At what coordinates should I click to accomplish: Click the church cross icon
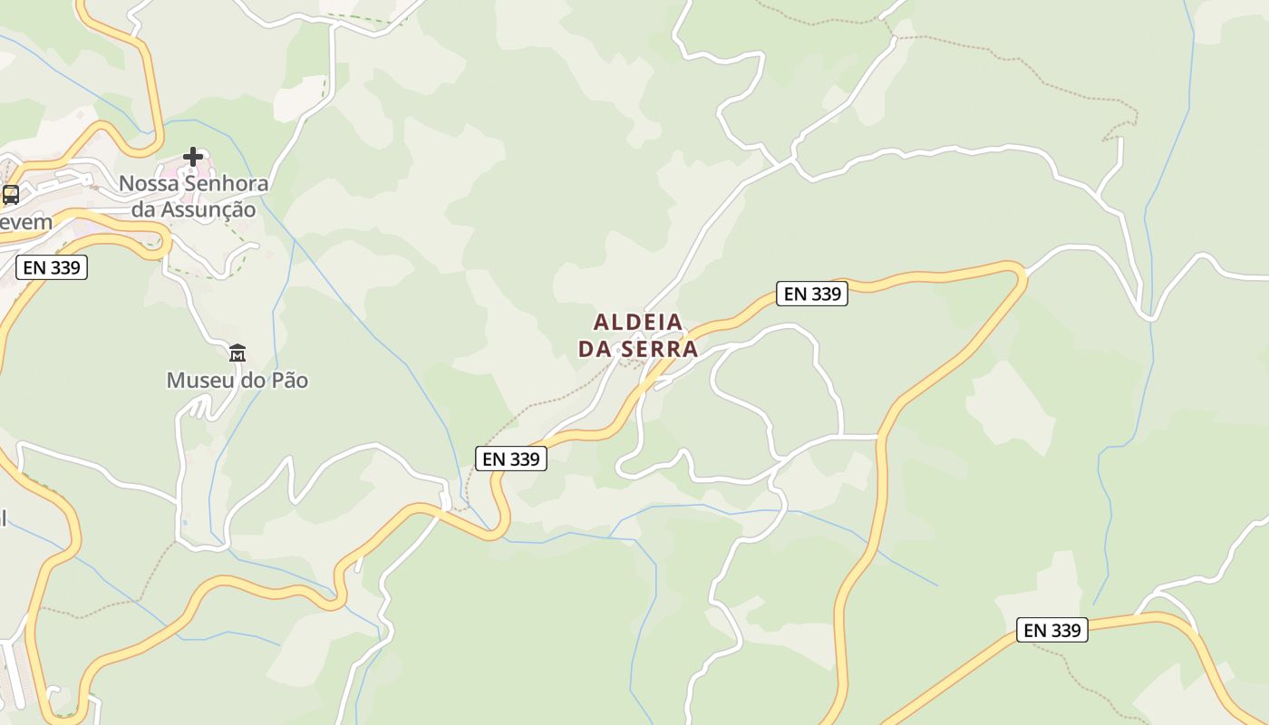point(193,157)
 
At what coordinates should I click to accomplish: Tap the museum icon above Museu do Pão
point(237,353)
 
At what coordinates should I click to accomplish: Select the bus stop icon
point(11,195)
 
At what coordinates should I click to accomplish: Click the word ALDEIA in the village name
point(638,322)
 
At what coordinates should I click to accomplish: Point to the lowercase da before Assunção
point(143,210)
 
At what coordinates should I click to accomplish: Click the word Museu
point(196,381)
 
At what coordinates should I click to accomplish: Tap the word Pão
point(287,381)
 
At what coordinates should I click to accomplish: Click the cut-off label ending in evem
point(25,222)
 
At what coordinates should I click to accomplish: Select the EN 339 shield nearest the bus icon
point(52,267)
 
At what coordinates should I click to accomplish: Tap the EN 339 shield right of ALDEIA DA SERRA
point(812,294)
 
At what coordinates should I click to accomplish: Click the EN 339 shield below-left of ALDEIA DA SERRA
point(511,459)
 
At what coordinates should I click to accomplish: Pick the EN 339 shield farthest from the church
point(1052,630)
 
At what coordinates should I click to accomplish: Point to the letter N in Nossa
point(127,184)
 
